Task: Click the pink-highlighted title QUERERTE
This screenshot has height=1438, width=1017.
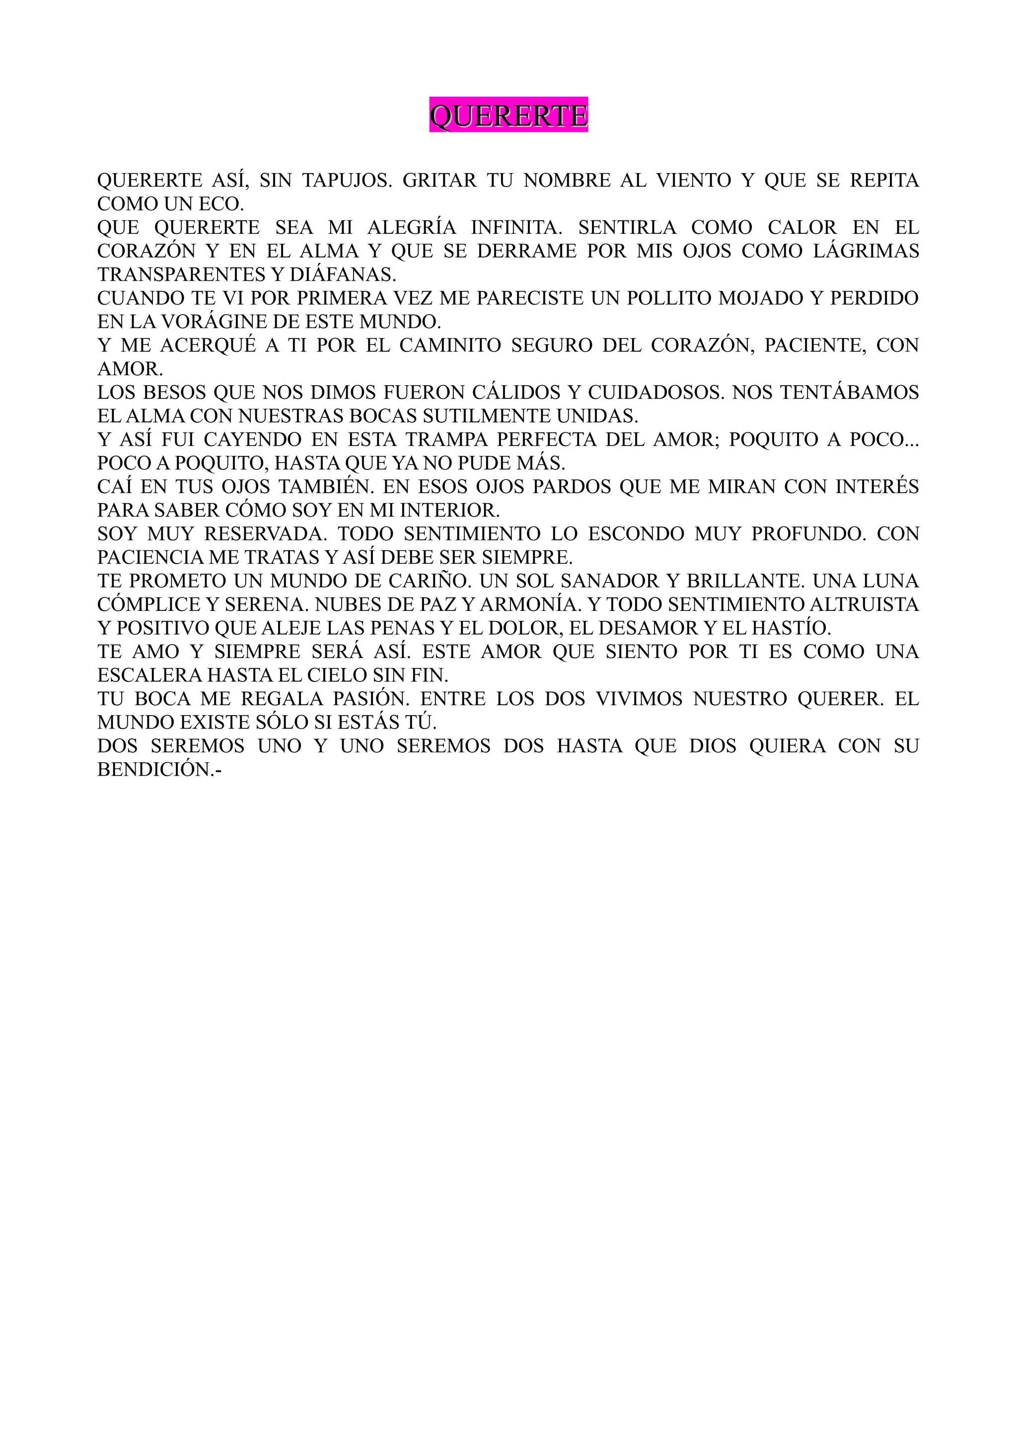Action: pyautogui.click(x=508, y=115)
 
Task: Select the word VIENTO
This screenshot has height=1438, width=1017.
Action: pyautogui.click(x=694, y=181)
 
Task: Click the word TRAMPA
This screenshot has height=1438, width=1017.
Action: pyautogui.click(x=445, y=440)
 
